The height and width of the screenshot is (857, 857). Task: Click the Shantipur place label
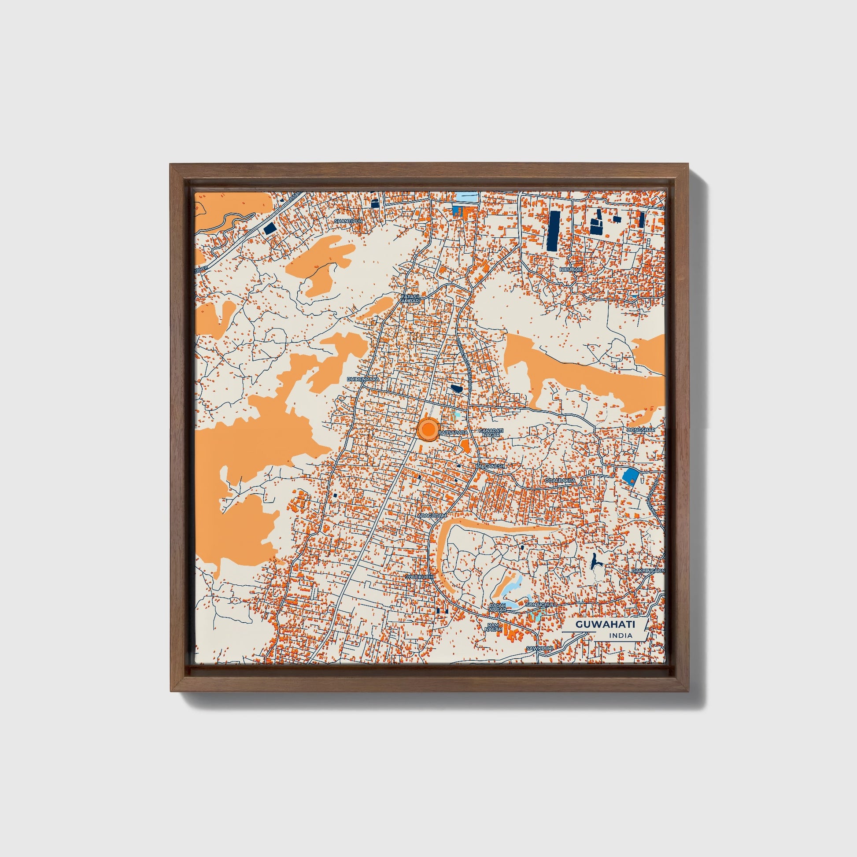[x=348, y=221]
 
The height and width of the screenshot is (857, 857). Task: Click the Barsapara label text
[x=453, y=432]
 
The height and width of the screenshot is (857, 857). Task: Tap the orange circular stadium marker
[x=428, y=429]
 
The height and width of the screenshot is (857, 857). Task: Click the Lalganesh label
[x=490, y=467]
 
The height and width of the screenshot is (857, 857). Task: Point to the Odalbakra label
[x=560, y=480]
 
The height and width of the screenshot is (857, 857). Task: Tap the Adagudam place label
[x=432, y=516]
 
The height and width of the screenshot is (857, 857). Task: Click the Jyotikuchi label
[x=419, y=577]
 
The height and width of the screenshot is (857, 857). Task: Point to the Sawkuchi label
[x=539, y=649]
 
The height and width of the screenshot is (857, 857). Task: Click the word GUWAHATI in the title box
[x=605, y=624]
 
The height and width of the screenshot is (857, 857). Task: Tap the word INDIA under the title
[x=621, y=635]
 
